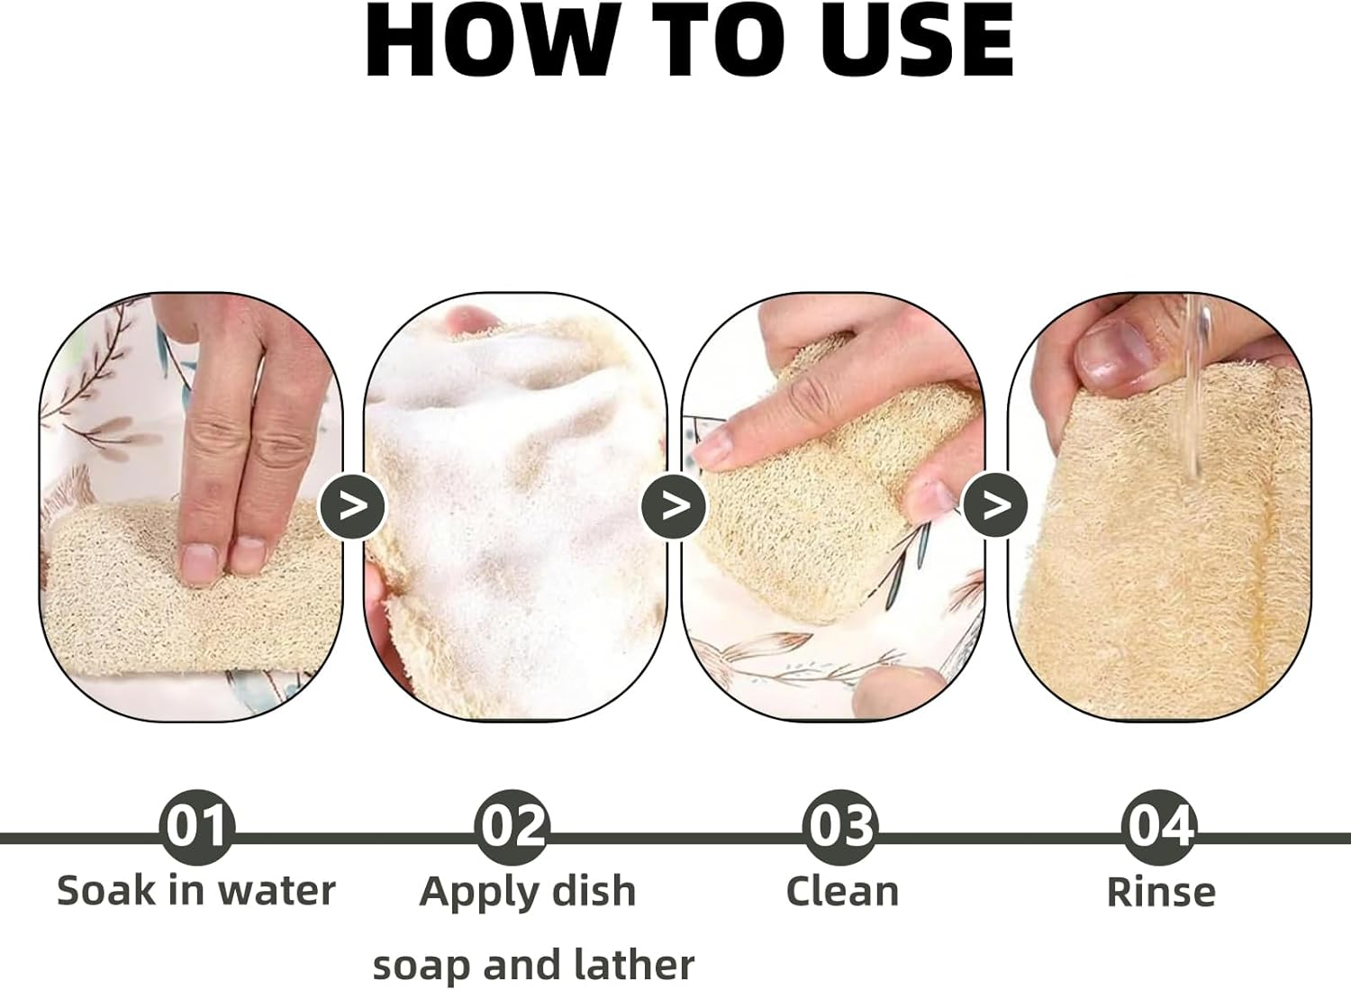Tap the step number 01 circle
(196, 826)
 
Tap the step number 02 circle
(512, 826)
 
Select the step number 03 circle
(840, 826)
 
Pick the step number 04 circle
(1159, 826)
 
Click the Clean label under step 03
(842, 891)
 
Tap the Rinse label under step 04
(1160, 892)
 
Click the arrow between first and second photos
(353, 506)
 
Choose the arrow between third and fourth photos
(995, 506)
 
